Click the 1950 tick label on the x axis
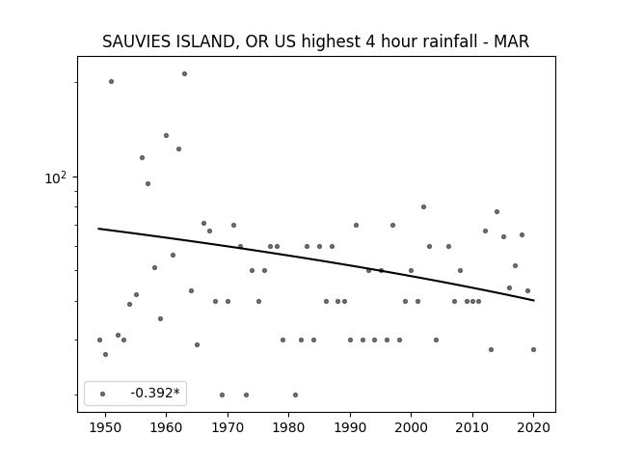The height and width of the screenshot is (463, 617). [105, 427]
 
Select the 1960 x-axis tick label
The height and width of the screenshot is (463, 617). [166, 427]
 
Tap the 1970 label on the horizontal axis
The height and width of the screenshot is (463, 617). [228, 427]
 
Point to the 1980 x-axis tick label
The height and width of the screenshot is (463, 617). [288, 427]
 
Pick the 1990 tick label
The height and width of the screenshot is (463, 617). [350, 427]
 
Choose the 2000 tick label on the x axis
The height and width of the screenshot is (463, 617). [412, 427]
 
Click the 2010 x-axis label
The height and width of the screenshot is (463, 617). [472, 427]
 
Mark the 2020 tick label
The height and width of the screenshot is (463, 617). [533, 427]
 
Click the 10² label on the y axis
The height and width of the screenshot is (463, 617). [56, 177]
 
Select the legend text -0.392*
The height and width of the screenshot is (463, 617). [155, 393]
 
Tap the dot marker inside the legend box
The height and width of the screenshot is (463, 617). [103, 394]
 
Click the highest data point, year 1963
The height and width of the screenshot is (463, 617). [184, 73]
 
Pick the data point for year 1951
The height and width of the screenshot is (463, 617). [112, 81]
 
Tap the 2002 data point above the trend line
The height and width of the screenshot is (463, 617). [424, 206]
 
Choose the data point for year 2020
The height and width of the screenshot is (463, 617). [533, 349]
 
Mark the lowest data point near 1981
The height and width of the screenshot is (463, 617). [296, 395]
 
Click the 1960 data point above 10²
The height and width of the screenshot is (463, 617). [167, 135]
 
